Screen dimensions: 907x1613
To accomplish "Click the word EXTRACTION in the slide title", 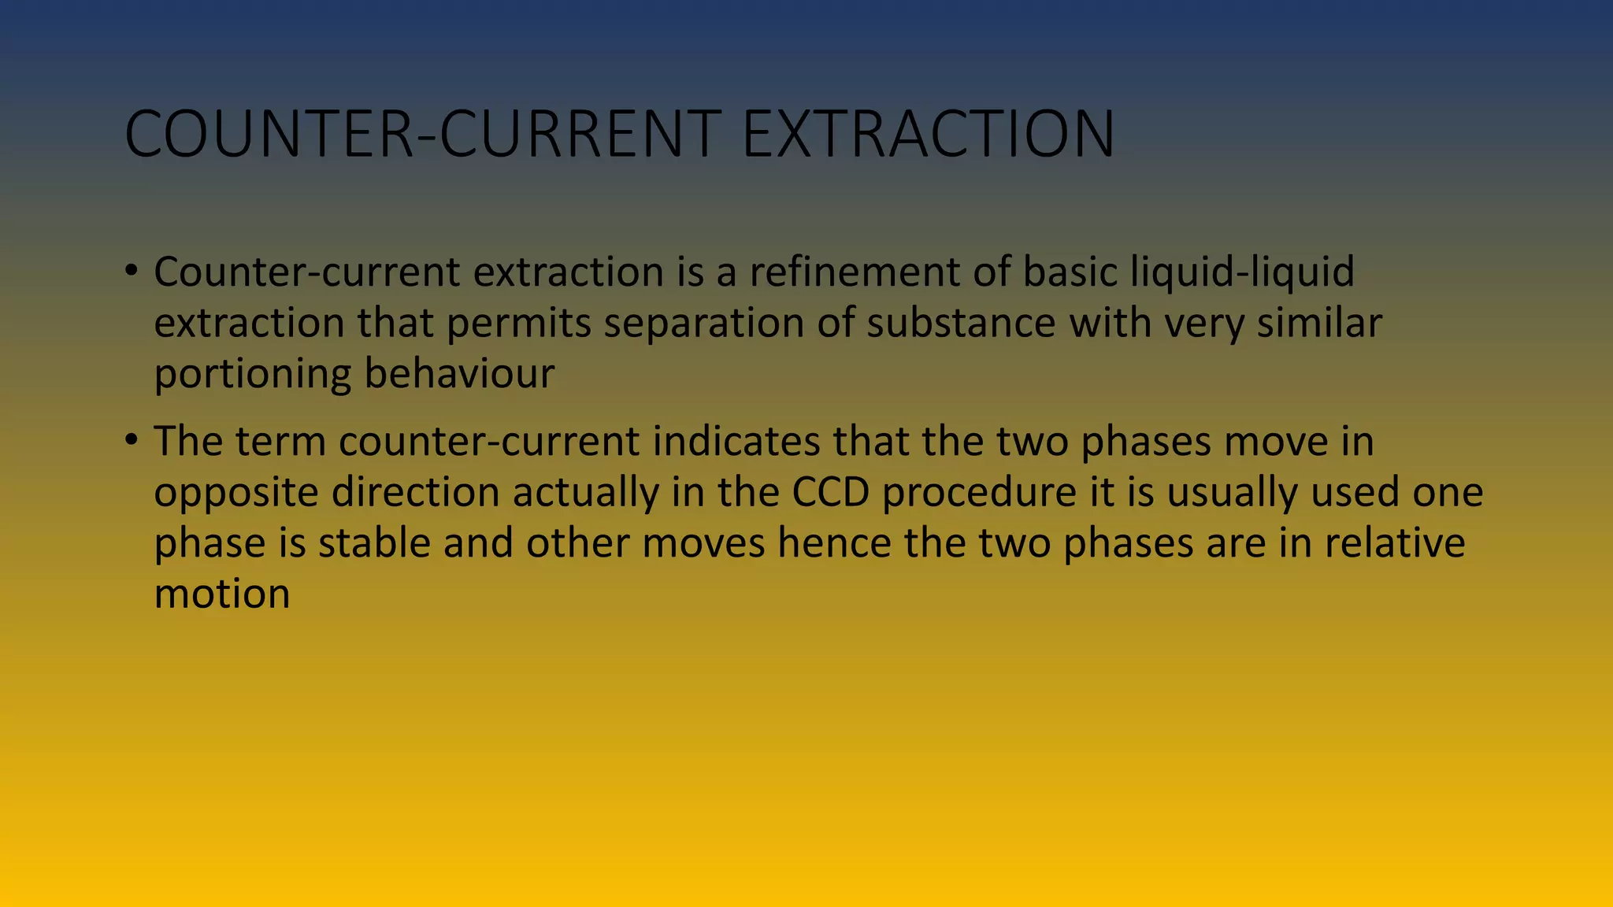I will coord(929,134).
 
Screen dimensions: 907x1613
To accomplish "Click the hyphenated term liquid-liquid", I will coord(1242,272).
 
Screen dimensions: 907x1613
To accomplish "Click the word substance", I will coord(961,324).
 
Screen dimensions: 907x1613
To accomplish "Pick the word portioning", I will coord(252,374).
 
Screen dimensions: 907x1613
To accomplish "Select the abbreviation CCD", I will coord(830,492).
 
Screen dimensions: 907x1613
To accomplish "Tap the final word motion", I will coord(222,594).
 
